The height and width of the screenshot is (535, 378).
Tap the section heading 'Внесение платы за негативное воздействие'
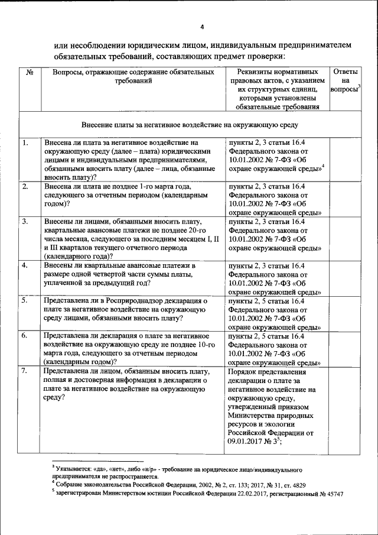(190, 125)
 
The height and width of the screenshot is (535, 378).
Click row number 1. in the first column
(25, 143)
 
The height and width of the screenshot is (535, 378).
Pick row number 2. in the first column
(25, 187)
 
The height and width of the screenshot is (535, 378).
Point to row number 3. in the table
(25, 222)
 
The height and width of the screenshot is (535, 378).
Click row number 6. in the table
(25, 336)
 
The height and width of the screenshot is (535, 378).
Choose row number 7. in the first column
(25, 371)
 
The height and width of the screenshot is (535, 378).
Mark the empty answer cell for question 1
(345, 160)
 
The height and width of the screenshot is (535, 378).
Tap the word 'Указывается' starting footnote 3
(74, 468)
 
